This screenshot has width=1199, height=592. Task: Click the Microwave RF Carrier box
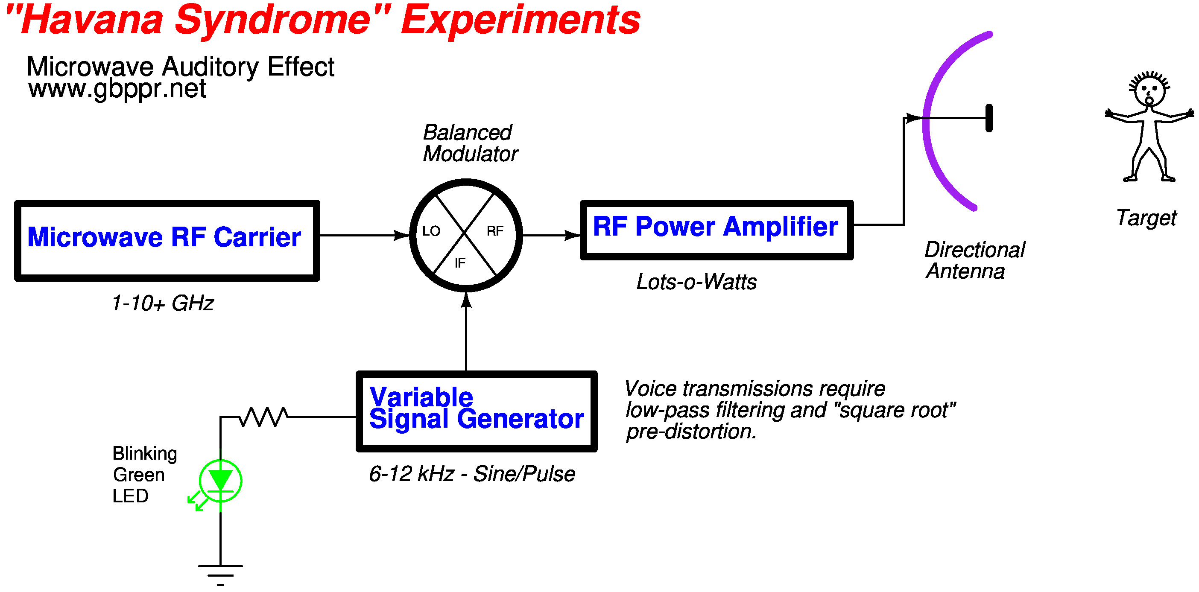[167, 240]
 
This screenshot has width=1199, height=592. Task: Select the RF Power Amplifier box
[716, 230]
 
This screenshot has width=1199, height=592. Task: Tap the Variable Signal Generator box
[476, 411]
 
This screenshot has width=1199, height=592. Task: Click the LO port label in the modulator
[431, 231]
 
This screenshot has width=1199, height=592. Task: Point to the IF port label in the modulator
[460, 263]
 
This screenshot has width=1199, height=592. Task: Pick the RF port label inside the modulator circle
[495, 231]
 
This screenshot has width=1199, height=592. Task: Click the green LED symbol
[220, 481]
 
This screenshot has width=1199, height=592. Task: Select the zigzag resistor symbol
[263, 417]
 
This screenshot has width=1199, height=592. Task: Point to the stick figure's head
[1149, 91]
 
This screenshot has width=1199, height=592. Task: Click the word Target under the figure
[1146, 218]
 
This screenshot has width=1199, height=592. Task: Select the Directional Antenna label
[974, 261]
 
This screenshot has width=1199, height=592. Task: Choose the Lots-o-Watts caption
[696, 282]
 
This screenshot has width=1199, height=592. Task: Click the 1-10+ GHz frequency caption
[162, 303]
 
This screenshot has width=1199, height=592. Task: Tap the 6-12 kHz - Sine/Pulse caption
[471, 474]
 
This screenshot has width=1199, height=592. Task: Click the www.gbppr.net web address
[117, 89]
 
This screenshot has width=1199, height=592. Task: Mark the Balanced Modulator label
[470, 143]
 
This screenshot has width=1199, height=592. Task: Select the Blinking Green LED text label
[144, 475]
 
